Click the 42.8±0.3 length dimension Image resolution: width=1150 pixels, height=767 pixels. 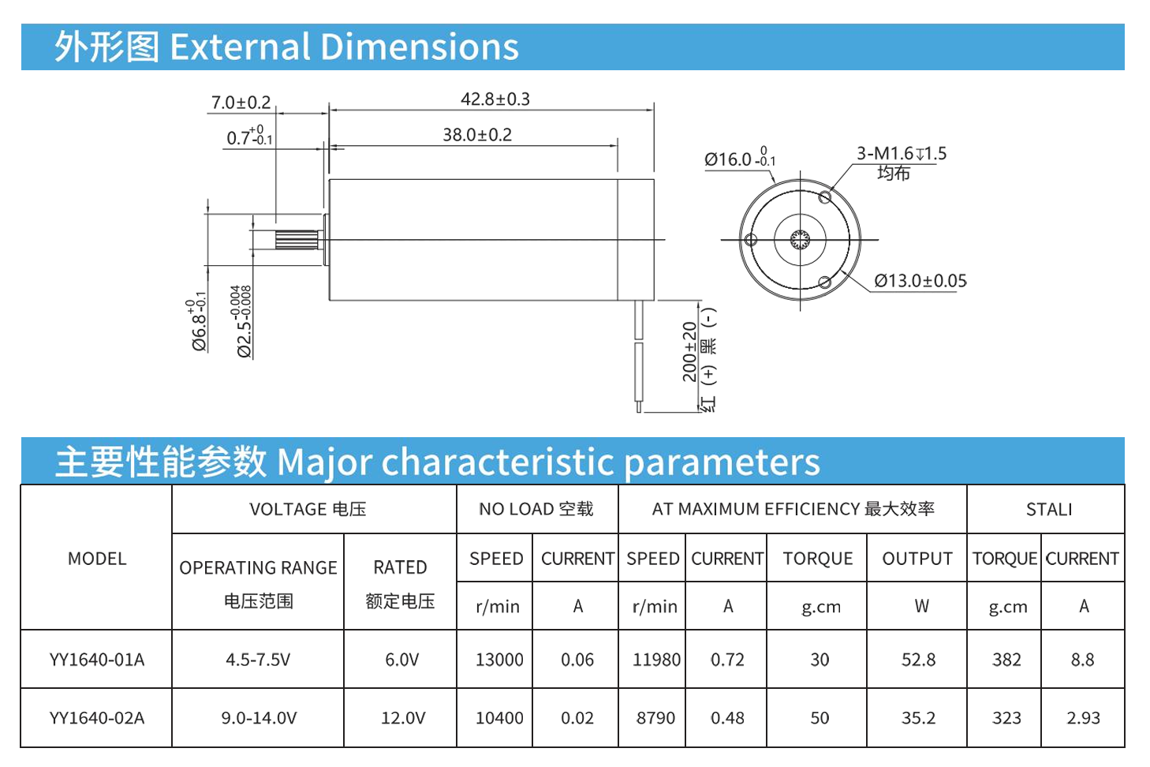point(495,99)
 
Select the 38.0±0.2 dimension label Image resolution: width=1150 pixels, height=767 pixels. point(476,135)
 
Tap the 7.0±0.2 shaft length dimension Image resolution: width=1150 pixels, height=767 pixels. point(241,103)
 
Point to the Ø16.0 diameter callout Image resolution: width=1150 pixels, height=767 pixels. point(739,159)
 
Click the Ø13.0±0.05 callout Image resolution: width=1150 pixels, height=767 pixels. point(920,281)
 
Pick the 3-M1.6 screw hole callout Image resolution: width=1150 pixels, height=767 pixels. point(901,154)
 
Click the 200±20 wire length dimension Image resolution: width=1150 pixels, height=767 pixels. point(689,352)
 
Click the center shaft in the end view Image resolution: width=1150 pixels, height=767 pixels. point(800,239)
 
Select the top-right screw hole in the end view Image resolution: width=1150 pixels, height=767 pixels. point(825,197)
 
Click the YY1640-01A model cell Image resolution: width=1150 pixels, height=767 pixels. point(97,660)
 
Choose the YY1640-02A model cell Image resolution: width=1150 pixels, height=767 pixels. point(97,718)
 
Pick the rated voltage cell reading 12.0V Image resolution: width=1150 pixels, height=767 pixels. point(402,718)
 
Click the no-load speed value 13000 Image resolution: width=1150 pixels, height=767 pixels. point(498,660)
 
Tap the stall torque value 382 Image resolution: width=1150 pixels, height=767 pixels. point(1006,660)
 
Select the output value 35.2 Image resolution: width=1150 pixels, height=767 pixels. point(918,718)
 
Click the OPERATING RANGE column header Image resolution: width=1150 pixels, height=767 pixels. point(258,568)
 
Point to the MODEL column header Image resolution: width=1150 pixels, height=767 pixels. point(97,559)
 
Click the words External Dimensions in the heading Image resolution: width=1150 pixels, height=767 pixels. point(344,47)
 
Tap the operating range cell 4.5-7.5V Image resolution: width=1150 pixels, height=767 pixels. point(258,660)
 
